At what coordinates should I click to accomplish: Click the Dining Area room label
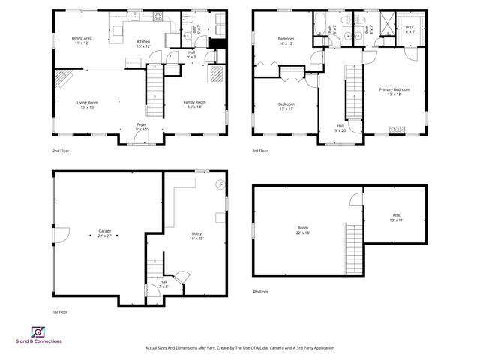point(81,40)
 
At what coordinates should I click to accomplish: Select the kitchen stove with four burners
point(158,15)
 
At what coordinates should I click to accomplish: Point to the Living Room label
point(87,105)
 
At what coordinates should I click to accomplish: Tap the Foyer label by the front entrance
point(141,127)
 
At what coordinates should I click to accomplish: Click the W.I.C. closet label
point(410,29)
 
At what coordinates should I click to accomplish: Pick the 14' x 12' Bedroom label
point(286,40)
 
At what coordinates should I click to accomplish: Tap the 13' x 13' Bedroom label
point(286,106)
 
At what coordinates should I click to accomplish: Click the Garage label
point(104,233)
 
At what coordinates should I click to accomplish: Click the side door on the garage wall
point(57,234)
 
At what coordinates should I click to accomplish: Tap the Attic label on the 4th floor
point(397,217)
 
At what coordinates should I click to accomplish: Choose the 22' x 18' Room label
point(302,230)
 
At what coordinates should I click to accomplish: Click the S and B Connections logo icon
point(37,331)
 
